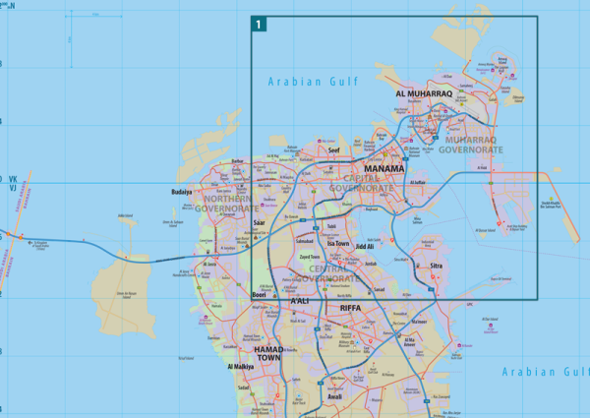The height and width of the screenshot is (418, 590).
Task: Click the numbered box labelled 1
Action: click(x=259, y=24)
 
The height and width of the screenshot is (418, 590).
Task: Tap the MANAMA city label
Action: click(x=383, y=168)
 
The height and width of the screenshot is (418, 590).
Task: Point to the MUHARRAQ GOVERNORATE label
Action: click(x=465, y=145)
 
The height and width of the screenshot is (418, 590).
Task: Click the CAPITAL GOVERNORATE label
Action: click(x=361, y=182)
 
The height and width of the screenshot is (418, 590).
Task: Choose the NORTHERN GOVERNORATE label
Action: click(x=226, y=203)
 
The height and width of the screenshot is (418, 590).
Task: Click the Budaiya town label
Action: click(x=182, y=192)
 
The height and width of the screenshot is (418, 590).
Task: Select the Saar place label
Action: click(x=260, y=223)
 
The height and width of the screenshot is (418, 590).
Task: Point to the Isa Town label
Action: click(x=338, y=243)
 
